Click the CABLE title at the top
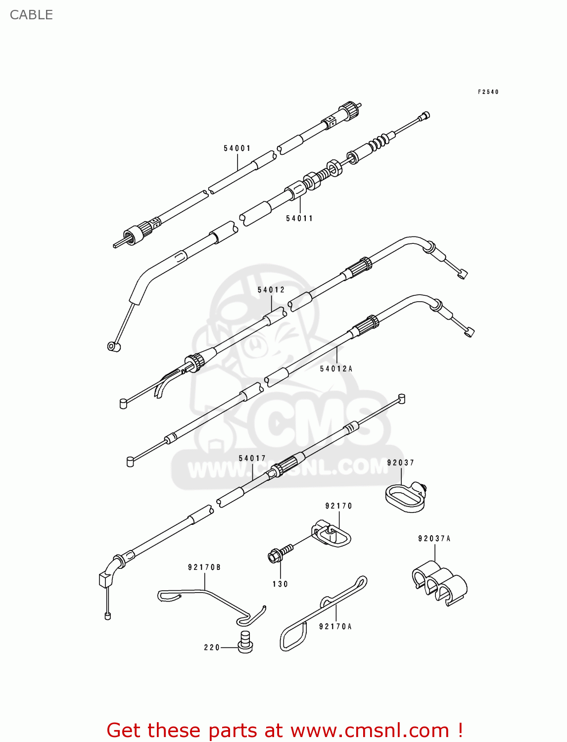31,15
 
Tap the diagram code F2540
488,92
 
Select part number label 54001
237,148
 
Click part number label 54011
299,219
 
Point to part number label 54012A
336,369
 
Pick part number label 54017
252,459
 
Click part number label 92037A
434,539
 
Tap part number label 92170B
204,567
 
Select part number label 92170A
335,627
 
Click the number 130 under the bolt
280,584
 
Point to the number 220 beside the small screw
212,648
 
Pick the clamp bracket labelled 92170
332,535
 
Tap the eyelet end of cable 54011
114,346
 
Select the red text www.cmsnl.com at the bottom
370,731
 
